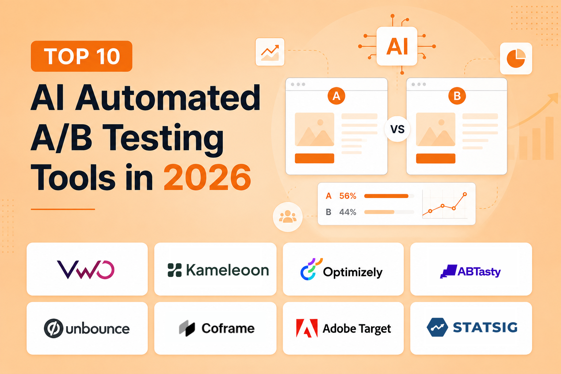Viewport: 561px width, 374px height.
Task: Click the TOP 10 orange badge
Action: tap(81, 56)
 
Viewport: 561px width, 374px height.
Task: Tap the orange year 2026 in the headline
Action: tap(207, 178)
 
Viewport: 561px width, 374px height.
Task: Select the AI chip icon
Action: tap(397, 46)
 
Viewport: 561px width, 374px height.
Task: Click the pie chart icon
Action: tap(516, 58)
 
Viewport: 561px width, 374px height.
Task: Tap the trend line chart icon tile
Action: tap(270, 52)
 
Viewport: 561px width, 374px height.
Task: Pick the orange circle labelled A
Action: tap(336, 96)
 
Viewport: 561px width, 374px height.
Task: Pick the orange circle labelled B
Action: tap(457, 96)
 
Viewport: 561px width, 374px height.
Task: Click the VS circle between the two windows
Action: tap(397, 129)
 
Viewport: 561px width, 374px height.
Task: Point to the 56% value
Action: tap(348, 196)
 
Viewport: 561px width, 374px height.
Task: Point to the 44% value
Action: tap(348, 212)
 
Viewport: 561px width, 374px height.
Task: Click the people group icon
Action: tap(288, 217)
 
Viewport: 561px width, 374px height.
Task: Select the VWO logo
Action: tap(86, 270)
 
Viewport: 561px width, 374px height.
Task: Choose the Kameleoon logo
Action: tap(218, 270)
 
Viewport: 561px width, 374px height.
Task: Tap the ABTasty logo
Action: tap(470, 271)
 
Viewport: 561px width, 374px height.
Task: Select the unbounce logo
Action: tap(87, 328)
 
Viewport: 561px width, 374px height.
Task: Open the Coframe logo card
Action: tap(215, 328)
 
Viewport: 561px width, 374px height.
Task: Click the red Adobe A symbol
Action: tap(307, 328)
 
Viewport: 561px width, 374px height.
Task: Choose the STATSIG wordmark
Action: tap(485, 327)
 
